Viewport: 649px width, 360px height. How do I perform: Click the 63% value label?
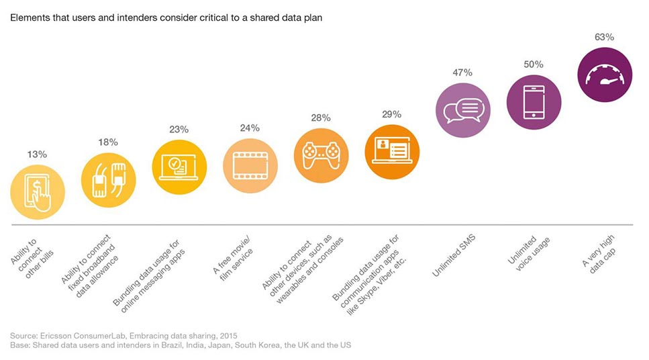pyautogui.click(x=604, y=38)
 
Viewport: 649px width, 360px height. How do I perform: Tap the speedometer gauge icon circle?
pyautogui.click(x=605, y=75)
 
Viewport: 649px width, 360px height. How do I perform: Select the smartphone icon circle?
pyautogui.click(x=534, y=102)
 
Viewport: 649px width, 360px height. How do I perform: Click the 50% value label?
pyautogui.click(x=534, y=64)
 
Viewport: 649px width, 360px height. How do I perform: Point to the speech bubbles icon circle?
pyautogui.click(x=462, y=110)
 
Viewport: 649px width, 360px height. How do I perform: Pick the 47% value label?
pyautogui.click(x=462, y=73)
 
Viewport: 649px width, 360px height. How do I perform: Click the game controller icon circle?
pyautogui.click(x=321, y=155)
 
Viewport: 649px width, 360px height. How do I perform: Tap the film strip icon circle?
pyautogui.click(x=250, y=166)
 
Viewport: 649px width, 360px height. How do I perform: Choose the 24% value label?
pyautogui.click(x=250, y=128)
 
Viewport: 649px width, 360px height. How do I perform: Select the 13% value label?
pyautogui.click(x=37, y=154)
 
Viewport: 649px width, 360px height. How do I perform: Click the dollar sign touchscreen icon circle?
pyautogui.click(x=38, y=192)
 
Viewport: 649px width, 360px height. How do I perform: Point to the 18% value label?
pyautogui.click(x=108, y=142)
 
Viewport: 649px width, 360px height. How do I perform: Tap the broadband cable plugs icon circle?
pyautogui.click(x=109, y=180)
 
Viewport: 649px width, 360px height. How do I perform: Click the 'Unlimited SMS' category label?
pyautogui.click(x=454, y=256)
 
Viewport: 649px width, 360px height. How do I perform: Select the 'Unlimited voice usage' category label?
pyautogui.click(x=529, y=253)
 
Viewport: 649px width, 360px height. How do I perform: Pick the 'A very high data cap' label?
pyautogui.click(x=599, y=253)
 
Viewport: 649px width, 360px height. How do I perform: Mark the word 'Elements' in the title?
pyautogui.click(x=29, y=18)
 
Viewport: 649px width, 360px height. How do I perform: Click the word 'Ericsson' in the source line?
pyautogui.click(x=55, y=336)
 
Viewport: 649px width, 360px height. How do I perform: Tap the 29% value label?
pyautogui.click(x=391, y=114)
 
